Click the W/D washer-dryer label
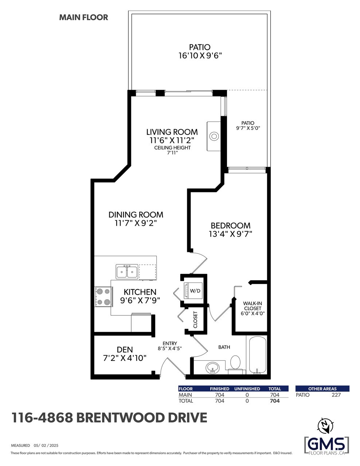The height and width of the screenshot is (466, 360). (195, 291)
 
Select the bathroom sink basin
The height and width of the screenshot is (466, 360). (212, 368)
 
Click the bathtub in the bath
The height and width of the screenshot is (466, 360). (258, 355)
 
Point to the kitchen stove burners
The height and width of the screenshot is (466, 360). (103, 297)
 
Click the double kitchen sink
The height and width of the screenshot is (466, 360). (126, 272)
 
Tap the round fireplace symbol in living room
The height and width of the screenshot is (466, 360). (214, 136)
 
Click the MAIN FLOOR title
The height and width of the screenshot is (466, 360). (83, 17)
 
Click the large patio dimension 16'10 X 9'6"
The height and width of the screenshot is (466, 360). (200, 56)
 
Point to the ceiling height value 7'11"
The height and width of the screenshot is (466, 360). (172, 153)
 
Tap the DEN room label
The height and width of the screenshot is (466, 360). (125, 350)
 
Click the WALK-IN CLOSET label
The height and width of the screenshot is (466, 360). (252, 306)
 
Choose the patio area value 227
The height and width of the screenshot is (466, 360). (336, 395)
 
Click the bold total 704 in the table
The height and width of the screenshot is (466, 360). (275, 401)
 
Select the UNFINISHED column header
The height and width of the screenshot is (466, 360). (247, 389)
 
